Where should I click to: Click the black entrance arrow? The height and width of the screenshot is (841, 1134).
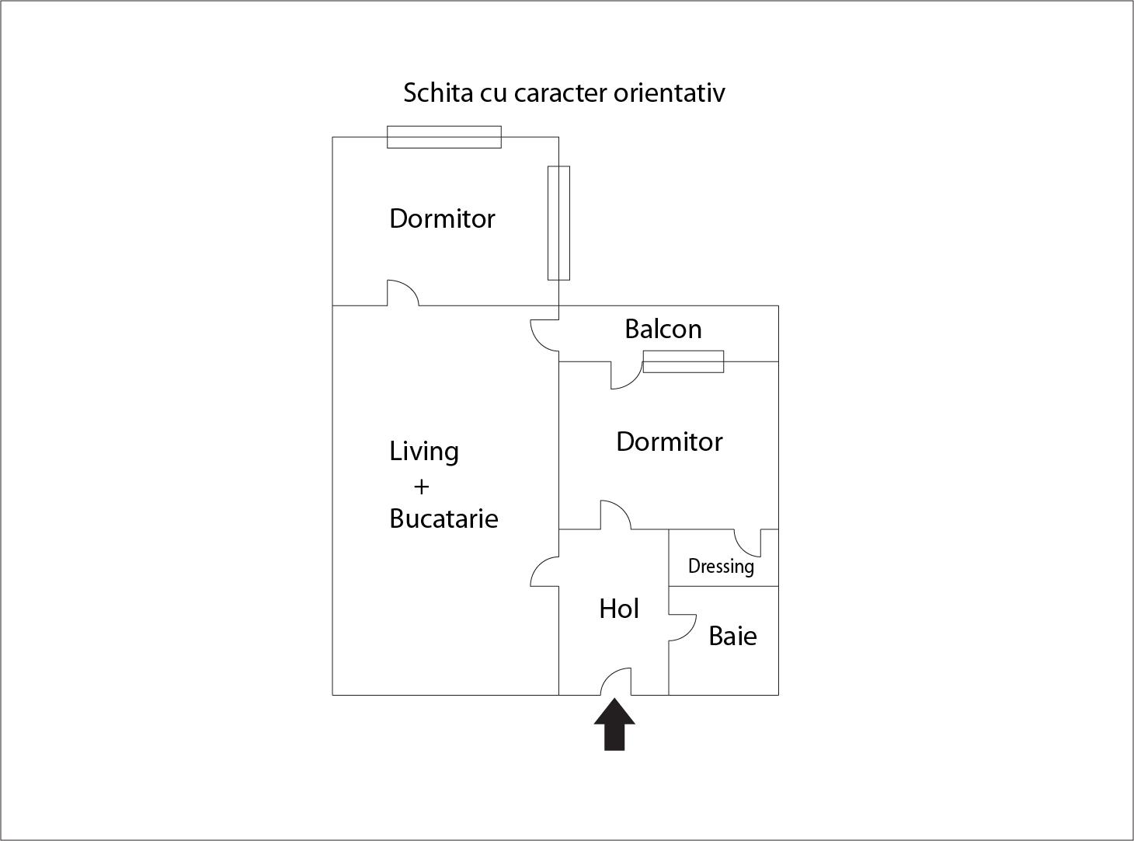[x=614, y=724]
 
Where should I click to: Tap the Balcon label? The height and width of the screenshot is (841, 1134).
[x=663, y=330]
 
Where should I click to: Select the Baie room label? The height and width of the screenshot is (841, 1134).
[x=732, y=637]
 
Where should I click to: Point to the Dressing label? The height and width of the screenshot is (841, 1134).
[x=721, y=567]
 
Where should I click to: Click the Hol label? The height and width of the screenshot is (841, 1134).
[x=618, y=609]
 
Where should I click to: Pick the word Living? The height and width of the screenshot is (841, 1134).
[x=423, y=452]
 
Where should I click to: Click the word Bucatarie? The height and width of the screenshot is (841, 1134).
[x=443, y=518]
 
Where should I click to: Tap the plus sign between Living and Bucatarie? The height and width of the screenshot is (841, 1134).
[x=421, y=487]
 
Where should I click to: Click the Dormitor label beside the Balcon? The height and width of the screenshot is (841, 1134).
[x=669, y=441]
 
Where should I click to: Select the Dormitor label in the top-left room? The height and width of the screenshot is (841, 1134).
[x=441, y=218]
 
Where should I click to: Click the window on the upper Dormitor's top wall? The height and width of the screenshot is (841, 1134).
[x=444, y=137]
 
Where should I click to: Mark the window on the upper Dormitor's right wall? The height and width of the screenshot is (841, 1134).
[x=558, y=222]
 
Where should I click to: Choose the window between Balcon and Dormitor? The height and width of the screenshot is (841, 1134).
[x=683, y=361]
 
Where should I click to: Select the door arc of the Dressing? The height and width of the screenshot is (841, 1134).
[x=746, y=543]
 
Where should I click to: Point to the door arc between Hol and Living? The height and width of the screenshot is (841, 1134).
[x=543, y=571]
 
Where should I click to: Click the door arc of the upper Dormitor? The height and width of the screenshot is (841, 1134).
[x=403, y=292]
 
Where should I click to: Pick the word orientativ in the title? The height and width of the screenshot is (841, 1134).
[x=669, y=93]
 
